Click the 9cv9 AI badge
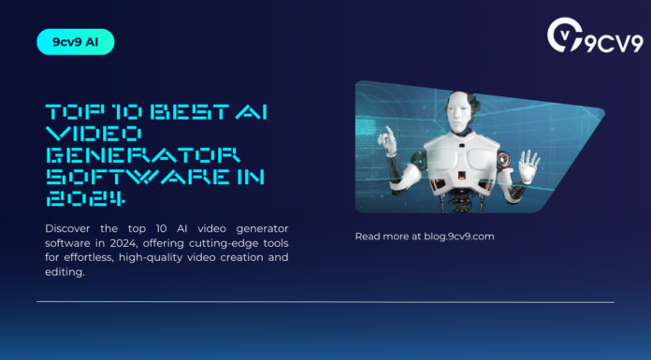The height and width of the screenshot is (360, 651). pyautogui.click(x=75, y=42)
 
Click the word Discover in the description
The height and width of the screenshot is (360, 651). pyautogui.click(x=70, y=228)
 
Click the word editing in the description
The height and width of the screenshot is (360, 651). pyautogui.click(x=65, y=271)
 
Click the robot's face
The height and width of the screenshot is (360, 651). pyautogui.click(x=458, y=114)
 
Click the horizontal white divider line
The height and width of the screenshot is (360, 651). pyautogui.click(x=325, y=302)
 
